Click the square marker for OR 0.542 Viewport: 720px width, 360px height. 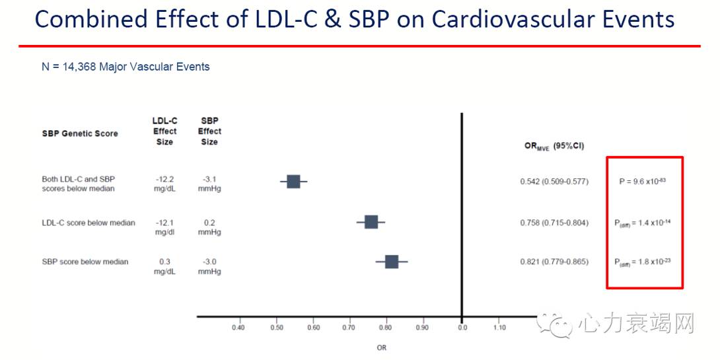click(x=293, y=182)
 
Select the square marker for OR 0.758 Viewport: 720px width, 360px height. click(x=371, y=222)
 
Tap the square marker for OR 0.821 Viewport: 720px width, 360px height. click(x=391, y=262)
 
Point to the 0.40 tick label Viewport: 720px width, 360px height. click(x=238, y=327)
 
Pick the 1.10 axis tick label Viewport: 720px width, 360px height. click(x=499, y=327)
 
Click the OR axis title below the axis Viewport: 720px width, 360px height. click(x=382, y=347)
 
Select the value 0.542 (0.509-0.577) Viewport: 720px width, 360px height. click(x=554, y=181)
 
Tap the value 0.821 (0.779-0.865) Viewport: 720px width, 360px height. click(x=554, y=262)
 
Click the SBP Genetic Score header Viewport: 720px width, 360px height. click(x=79, y=133)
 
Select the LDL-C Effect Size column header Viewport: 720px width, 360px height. click(x=164, y=131)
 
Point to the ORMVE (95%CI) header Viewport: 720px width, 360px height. click(x=554, y=147)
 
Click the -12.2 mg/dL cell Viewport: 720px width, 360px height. click(x=164, y=183)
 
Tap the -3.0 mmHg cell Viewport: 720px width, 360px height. click(x=209, y=266)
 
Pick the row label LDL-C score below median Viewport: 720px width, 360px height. click(x=88, y=223)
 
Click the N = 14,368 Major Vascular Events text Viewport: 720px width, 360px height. click(x=126, y=67)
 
